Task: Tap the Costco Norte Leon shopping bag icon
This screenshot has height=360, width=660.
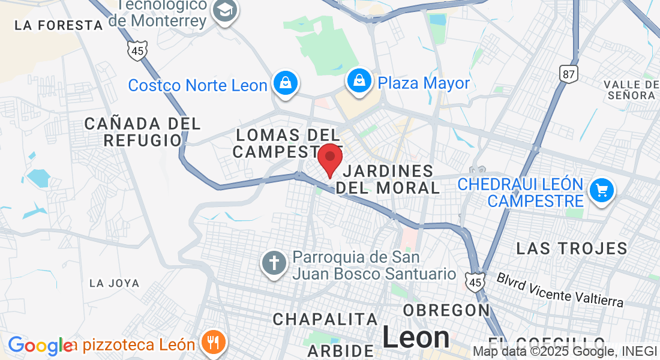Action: (286, 84)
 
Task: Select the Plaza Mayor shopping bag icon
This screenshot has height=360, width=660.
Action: (359, 82)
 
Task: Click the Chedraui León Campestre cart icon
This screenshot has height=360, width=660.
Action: (601, 191)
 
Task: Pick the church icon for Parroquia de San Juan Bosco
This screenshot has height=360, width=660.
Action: (274, 264)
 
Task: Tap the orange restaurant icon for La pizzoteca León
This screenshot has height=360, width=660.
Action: (213, 343)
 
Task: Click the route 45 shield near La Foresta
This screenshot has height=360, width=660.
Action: (137, 50)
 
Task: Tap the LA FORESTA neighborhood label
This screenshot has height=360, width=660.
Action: (59, 25)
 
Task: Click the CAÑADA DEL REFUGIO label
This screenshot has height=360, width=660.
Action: (143, 132)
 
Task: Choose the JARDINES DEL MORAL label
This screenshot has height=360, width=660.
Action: (388, 179)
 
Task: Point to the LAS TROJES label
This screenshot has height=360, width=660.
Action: (572, 248)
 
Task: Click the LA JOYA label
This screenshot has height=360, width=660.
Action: (114, 283)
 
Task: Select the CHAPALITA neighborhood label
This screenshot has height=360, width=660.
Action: (325, 319)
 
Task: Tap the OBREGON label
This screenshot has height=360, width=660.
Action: (446, 310)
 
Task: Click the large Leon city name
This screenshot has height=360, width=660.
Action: (416, 337)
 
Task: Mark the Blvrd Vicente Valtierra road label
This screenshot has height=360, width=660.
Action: (560, 289)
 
